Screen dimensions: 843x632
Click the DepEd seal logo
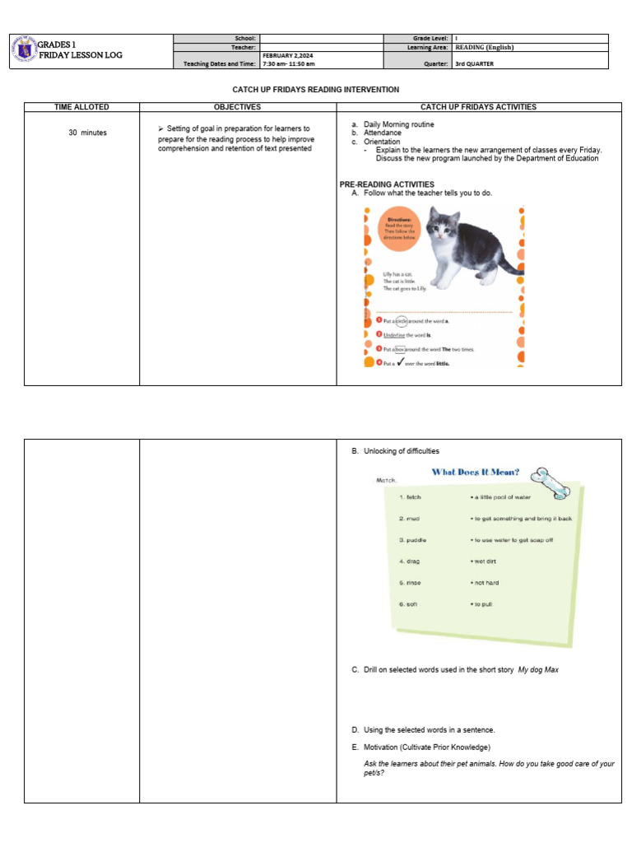click(x=24, y=51)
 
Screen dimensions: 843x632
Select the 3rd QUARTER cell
click(x=472, y=63)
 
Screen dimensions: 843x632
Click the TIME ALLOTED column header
click(x=81, y=107)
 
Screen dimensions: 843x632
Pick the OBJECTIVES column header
click(x=237, y=107)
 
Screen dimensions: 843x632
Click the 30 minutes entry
click(x=88, y=133)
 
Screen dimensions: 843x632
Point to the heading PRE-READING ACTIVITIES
click(x=387, y=184)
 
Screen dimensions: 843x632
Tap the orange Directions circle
click(x=398, y=229)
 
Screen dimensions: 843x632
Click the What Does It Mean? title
click(x=476, y=472)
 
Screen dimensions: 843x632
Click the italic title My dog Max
click(x=538, y=670)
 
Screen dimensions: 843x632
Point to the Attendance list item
click(x=383, y=133)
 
